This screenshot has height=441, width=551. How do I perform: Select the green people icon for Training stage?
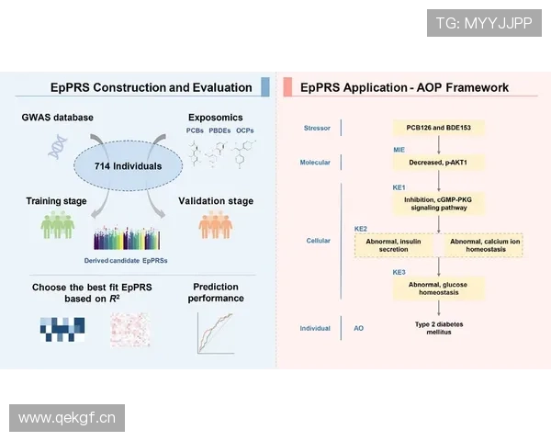pos(56,226)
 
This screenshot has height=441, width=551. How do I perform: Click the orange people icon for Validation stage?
pos(216,226)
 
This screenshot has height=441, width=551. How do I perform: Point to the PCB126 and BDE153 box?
pos(438,127)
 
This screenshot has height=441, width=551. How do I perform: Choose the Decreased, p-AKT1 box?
pos(438,163)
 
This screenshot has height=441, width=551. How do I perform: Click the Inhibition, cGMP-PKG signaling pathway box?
pos(438,203)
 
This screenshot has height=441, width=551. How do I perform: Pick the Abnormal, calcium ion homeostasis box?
pos(482,245)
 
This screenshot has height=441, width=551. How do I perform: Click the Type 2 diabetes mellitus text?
pos(438,328)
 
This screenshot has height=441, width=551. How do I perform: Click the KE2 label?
pos(361,227)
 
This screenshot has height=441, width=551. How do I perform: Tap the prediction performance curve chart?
pos(217,333)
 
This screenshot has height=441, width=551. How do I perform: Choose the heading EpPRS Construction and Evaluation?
pos(151,88)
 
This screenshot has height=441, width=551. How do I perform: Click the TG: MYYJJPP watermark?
pos(483,22)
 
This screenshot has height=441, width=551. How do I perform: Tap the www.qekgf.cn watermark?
pos(66,418)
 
